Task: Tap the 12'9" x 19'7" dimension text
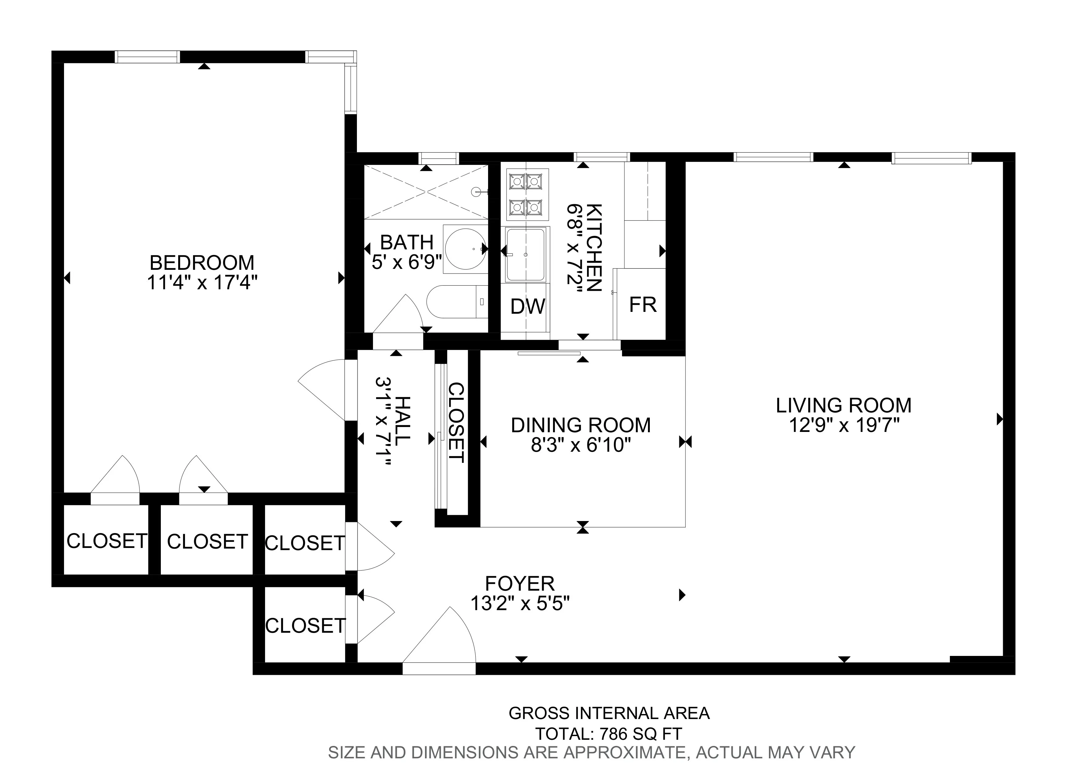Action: (x=843, y=426)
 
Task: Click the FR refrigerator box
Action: (x=642, y=305)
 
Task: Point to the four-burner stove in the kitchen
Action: (x=527, y=194)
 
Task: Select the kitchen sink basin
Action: (x=525, y=254)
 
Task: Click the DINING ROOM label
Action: (x=581, y=425)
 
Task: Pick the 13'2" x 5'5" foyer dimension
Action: (x=520, y=604)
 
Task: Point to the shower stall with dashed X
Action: (x=426, y=192)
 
